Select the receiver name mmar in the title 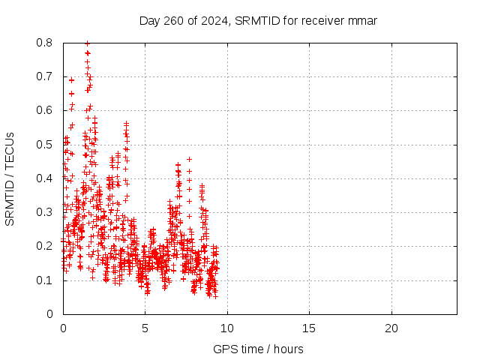click(361, 20)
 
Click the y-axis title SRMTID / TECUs click(10, 178)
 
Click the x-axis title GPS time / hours click(258, 349)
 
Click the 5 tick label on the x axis click(145, 328)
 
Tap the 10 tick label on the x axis click(226, 328)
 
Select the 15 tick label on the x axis click(309, 328)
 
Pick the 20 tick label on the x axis click(391, 328)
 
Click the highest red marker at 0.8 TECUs click(87, 43)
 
